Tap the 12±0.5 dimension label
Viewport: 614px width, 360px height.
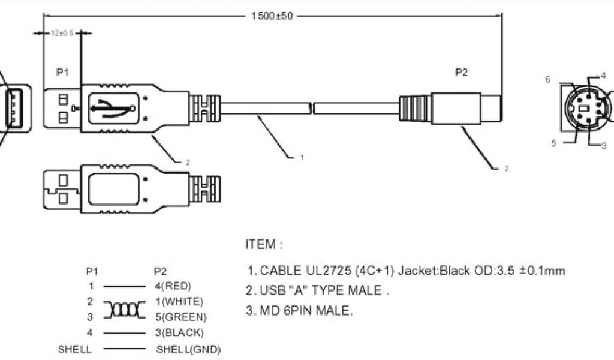coord(62,34)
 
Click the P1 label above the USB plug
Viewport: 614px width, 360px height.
coord(63,73)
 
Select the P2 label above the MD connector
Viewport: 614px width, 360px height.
coord(461,73)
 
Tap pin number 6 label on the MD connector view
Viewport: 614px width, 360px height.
coord(547,79)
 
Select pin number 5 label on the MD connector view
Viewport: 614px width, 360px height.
coord(554,143)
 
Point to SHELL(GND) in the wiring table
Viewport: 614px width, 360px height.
coord(188,349)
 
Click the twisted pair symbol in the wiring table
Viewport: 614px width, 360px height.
coord(124,309)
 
